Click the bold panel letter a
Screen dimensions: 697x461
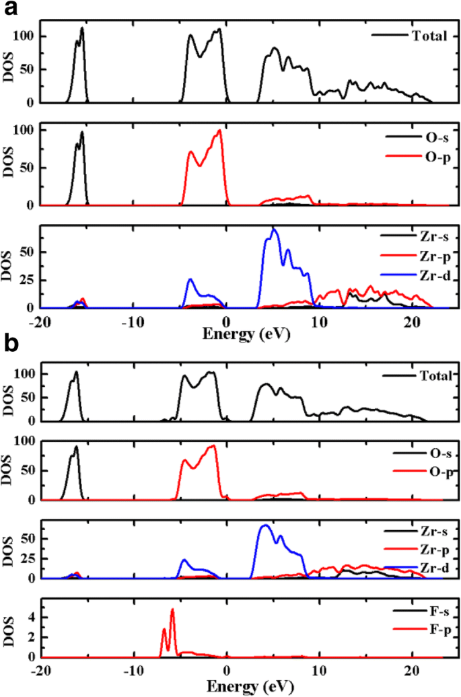(10, 9)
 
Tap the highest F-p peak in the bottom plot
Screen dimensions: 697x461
(172, 610)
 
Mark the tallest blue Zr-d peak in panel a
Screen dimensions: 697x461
(273, 229)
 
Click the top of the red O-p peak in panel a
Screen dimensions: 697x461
(219, 131)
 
